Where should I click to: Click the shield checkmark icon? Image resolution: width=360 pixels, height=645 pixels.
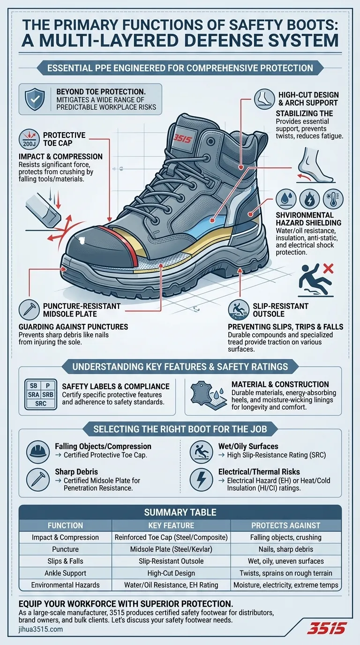[35, 99]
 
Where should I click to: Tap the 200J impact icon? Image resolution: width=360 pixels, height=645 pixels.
[29, 140]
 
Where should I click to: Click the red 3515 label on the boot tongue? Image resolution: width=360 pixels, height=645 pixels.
[183, 139]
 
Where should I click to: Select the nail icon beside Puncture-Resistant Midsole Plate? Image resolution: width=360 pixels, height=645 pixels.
[29, 310]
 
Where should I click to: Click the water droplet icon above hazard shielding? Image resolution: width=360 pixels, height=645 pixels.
[286, 198]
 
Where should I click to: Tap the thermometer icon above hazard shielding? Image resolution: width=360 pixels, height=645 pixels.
[333, 198]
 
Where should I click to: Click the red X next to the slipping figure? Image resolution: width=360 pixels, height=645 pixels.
[328, 269]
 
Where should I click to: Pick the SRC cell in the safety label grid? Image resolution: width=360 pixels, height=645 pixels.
[41, 404]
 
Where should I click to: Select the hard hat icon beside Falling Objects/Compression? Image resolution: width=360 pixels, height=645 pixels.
[37, 451]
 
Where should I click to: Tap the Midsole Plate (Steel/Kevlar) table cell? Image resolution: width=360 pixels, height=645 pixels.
[171, 549]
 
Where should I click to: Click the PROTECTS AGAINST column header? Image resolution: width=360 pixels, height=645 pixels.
[285, 525]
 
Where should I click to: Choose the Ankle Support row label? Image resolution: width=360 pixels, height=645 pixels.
[65, 573]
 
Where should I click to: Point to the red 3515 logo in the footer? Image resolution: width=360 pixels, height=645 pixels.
[326, 628]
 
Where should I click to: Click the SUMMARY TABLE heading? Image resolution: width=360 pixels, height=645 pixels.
[180, 512]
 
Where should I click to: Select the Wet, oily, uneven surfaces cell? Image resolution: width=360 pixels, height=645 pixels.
[285, 561]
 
